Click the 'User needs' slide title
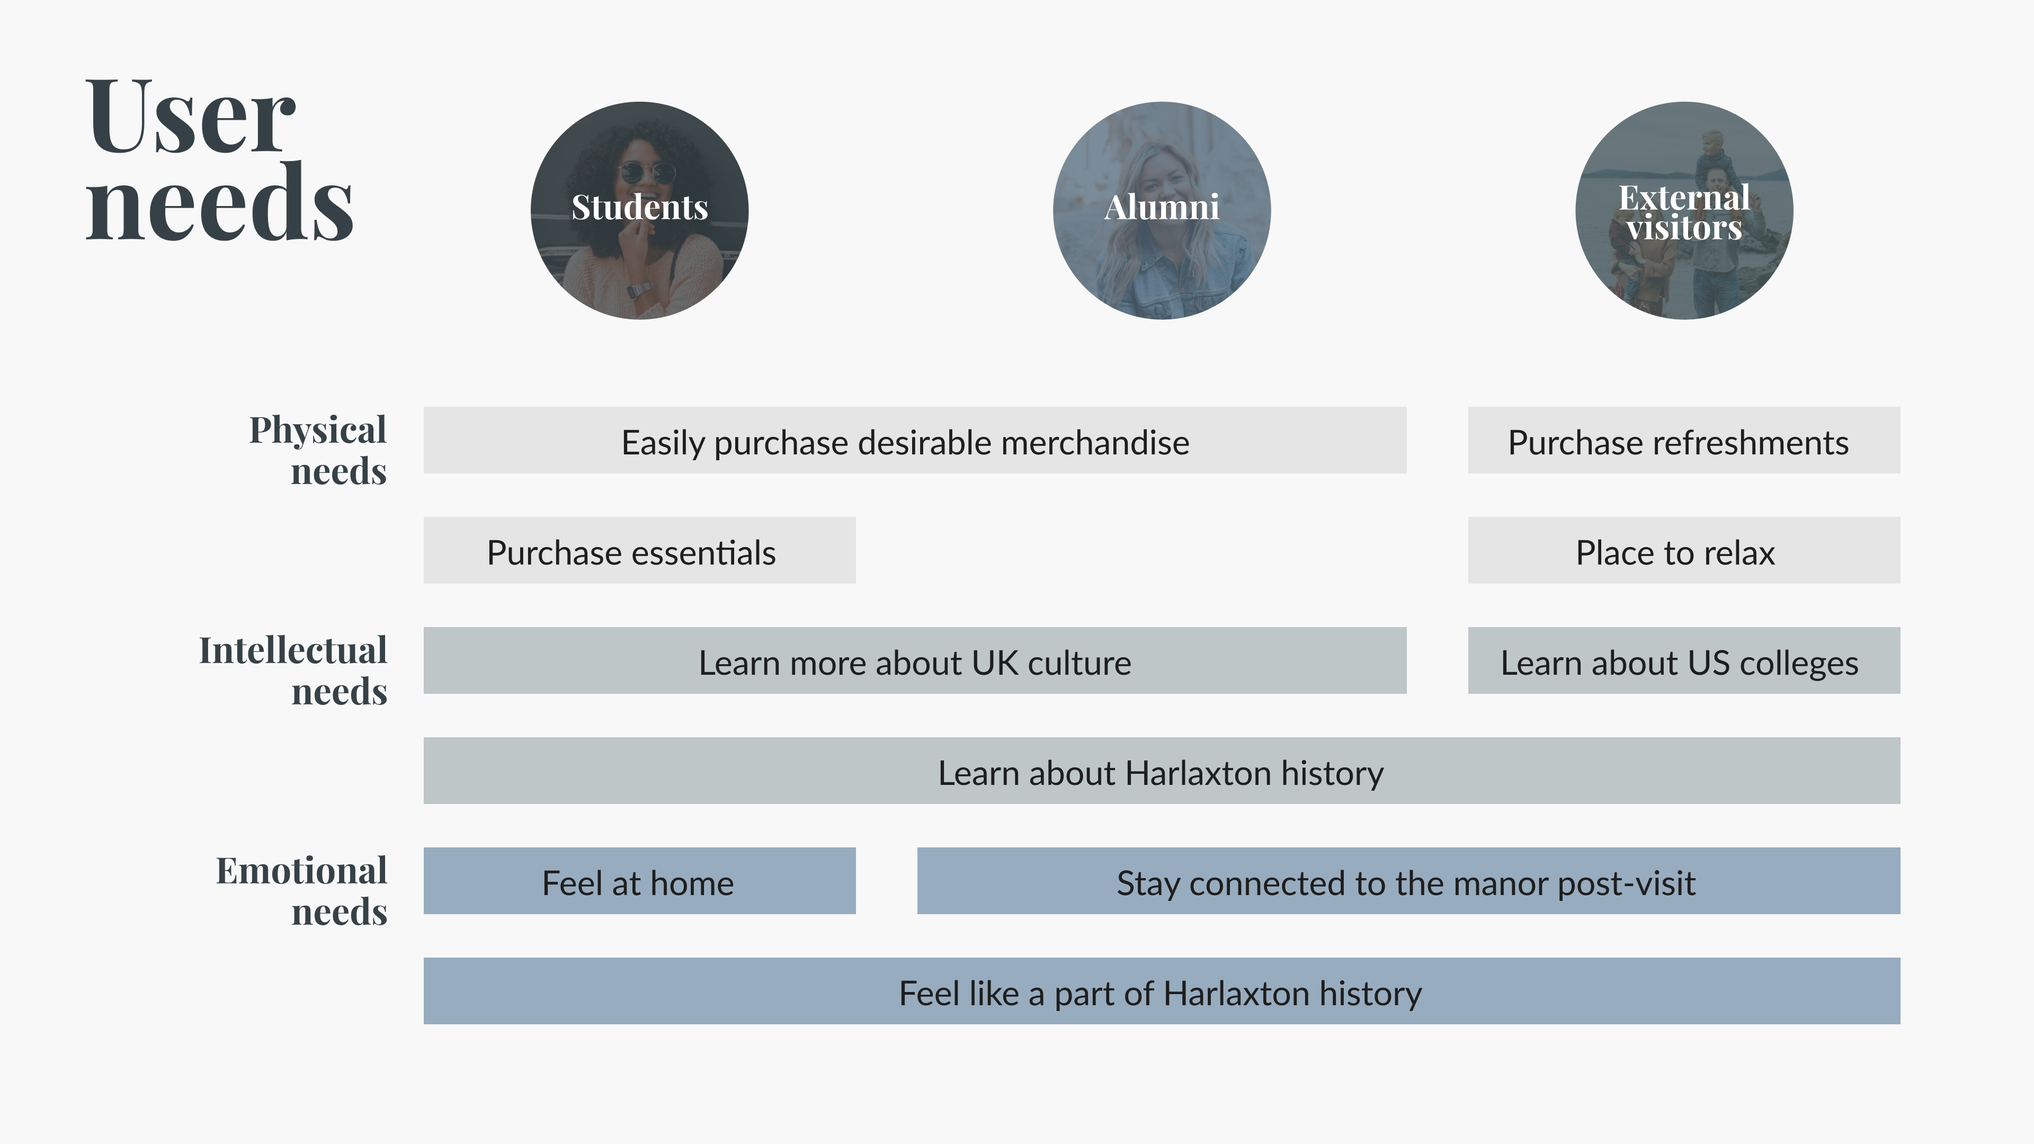coord(219,160)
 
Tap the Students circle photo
coord(639,210)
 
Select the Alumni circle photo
coord(1162,210)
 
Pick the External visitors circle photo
coord(1684,210)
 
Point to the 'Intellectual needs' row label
coord(293,671)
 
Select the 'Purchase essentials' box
coord(639,550)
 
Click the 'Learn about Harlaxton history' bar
coord(1162,771)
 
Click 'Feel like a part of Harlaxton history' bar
coord(1162,991)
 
